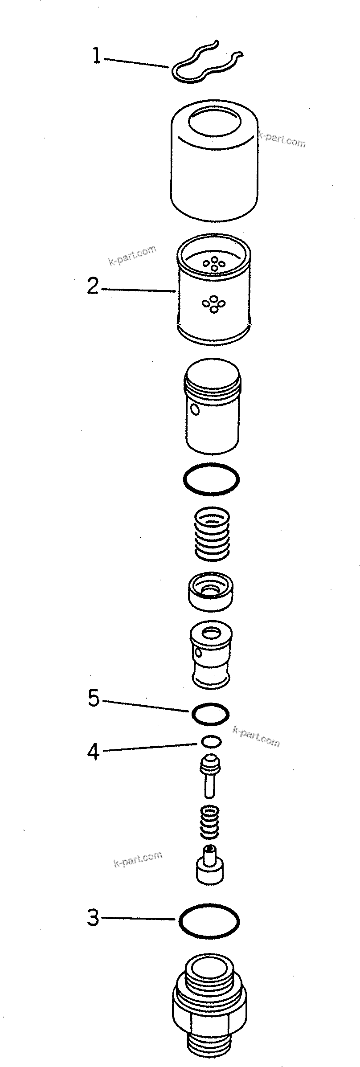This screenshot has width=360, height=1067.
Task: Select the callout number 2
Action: point(93,286)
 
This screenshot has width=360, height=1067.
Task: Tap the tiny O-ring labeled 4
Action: point(211,741)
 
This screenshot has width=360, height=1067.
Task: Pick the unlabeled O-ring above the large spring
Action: point(211,479)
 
